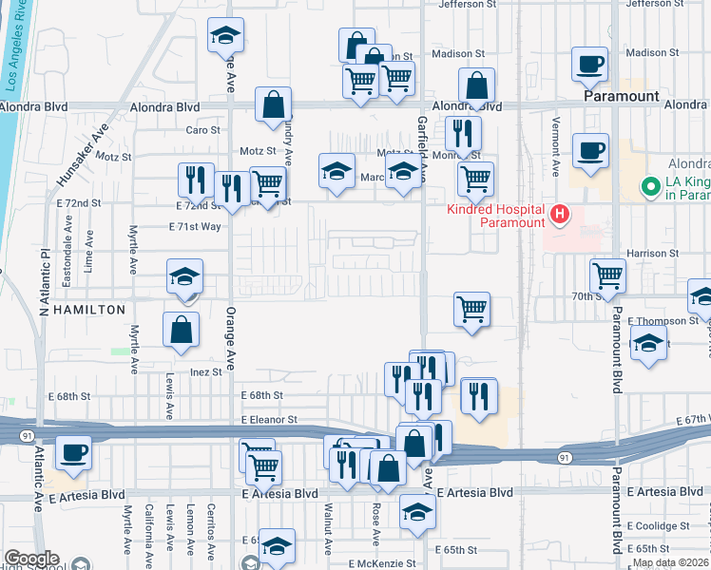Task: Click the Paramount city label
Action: (622, 97)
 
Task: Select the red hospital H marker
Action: (560, 214)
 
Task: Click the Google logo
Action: (30, 559)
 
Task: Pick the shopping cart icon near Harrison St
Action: (607, 275)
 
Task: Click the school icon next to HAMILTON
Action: (184, 275)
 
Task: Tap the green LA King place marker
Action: (651, 187)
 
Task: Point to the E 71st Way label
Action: (194, 227)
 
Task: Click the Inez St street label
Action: (205, 372)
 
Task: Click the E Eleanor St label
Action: (269, 419)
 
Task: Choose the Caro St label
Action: (202, 130)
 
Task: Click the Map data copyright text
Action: (671, 562)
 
